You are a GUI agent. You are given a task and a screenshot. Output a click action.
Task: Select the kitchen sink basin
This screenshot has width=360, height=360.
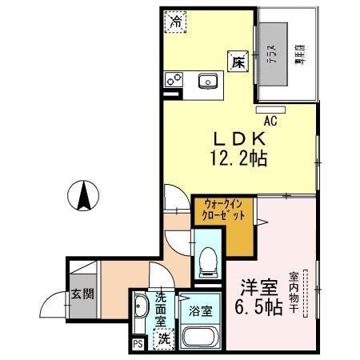tap(209, 80)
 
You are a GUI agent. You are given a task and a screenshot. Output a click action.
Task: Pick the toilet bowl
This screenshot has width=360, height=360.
tap(206, 258)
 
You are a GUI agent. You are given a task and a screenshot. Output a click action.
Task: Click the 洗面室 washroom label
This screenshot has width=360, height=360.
tap(161, 307)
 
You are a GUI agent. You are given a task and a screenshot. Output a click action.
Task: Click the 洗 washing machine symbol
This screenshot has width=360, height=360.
tap(162, 338)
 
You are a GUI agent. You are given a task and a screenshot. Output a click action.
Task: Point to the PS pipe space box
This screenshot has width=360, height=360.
tap(136, 346)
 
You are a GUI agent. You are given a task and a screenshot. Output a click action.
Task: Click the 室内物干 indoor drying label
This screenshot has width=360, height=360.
tap(294, 290)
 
